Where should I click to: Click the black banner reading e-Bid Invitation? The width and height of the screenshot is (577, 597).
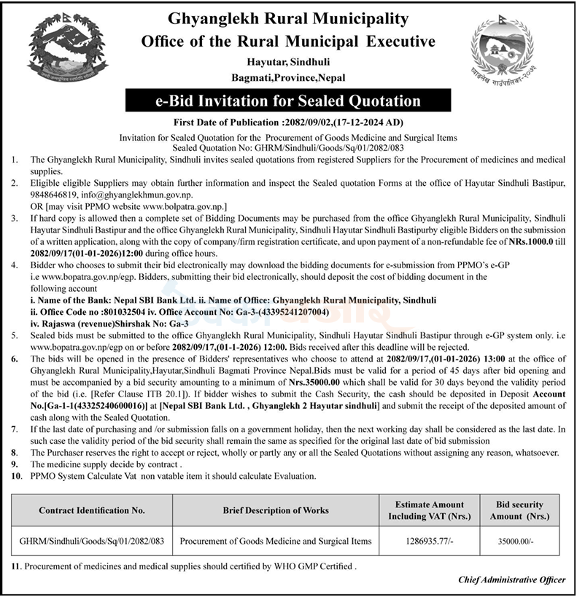(x=288, y=100)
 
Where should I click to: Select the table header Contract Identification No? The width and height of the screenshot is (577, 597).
(x=92, y=510)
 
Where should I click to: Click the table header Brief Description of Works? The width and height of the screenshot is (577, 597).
(x=276, y=510)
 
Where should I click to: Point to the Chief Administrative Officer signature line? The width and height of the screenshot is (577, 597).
(x=511, y=580)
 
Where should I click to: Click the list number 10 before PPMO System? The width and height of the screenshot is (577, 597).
(x=17, y=475)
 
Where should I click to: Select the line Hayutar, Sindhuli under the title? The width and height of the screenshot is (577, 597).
(x=288, y=63)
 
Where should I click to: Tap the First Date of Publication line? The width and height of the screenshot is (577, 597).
(x=289, y=122)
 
